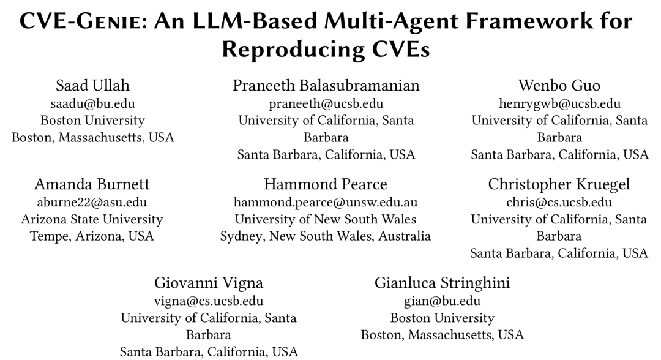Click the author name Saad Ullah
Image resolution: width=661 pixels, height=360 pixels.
(x=93, y=86)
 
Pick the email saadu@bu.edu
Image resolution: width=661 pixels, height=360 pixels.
(x=93, y=103)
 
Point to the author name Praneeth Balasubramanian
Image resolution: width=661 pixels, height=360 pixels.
(x=326, y=86)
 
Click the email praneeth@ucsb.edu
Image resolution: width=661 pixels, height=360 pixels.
(x=326, y=104)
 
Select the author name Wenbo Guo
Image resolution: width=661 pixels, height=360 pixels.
(x=559, y=86)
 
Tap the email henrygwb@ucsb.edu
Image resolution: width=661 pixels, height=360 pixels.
(x=559, y=104)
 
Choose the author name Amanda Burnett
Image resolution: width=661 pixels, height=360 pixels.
(x=92, y=184)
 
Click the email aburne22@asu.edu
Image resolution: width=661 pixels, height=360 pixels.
(x=92, y=202)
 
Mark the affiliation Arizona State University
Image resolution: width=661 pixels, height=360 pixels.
(x=92, y=219)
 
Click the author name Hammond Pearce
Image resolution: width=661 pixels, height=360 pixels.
(x=326, y=184)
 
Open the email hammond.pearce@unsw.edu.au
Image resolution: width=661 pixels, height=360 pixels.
(x=326, y=203)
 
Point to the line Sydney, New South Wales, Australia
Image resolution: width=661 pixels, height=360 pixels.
(x=326, y=236)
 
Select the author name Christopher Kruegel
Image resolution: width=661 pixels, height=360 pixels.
(x=559, y=184)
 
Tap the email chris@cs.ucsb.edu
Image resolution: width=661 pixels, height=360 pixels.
(x=559, y=202)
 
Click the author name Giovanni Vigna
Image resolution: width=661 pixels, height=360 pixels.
(x=209, y=283)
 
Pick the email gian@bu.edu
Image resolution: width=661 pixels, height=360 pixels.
(x=443, y=301)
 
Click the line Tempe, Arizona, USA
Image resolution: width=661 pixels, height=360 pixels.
(x=92, y=236)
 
